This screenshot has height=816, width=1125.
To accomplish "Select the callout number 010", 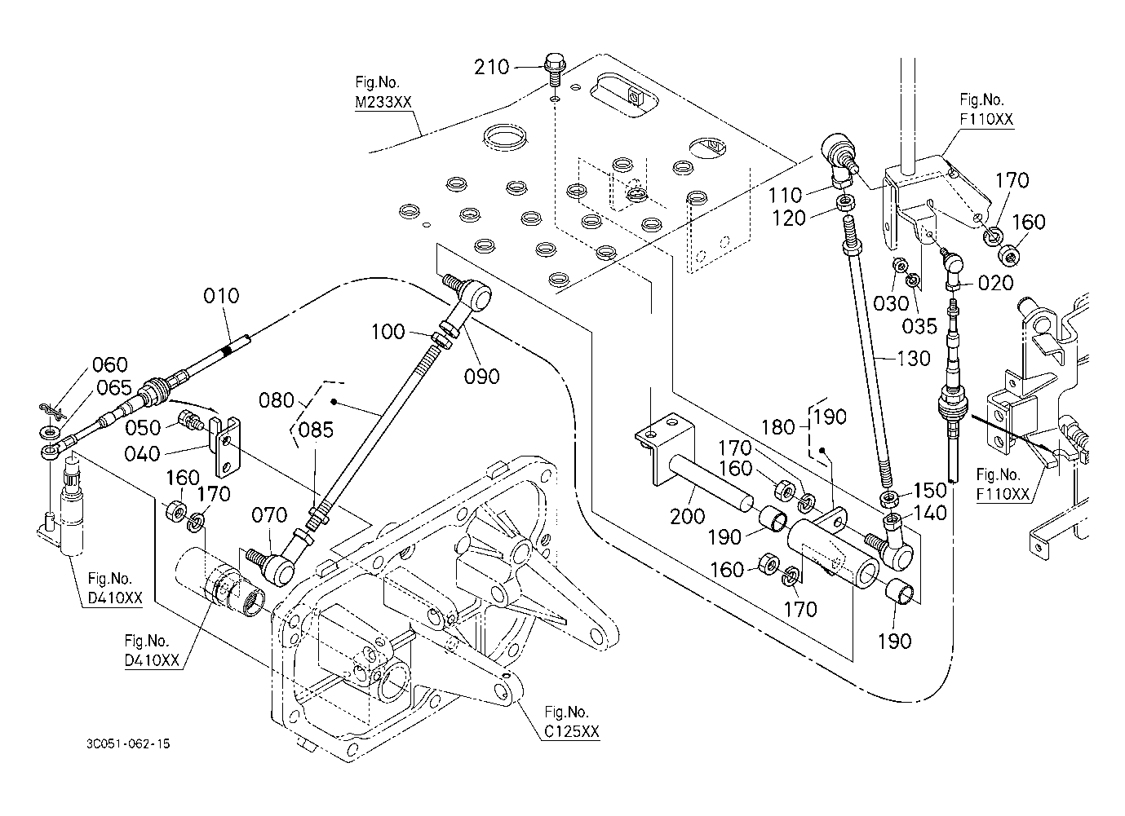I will pyautogui.click(x=222, y=294).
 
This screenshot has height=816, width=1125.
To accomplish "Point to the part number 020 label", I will pyautogui.click(x=995, y=283).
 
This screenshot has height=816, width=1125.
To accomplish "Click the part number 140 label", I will pyautogui.click(x=929, y=513).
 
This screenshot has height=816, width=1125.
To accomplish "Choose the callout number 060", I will pyautogui.click(x=109, y=364).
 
